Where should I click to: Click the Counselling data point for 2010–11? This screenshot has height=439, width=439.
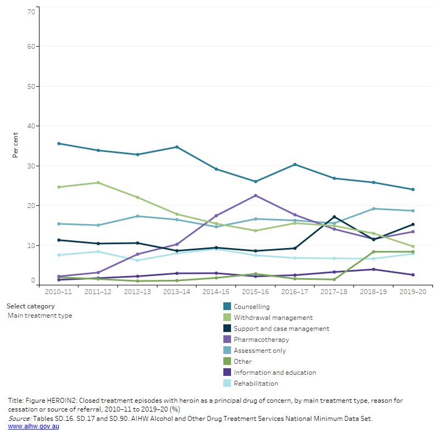pos(59,144)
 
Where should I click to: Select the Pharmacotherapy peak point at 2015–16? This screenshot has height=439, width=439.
pos(255,196)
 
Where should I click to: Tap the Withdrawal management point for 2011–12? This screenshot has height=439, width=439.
pos(98,183)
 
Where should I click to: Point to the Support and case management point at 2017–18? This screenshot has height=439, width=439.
pos(334,217)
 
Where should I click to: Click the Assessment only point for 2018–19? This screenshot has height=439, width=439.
pos(374,209)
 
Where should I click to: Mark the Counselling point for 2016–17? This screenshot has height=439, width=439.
pos(295,165)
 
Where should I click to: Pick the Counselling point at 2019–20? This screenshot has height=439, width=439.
pos(413,190)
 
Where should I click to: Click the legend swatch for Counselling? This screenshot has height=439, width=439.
pos(227,307)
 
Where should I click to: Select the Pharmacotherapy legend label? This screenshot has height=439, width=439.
pos(261,340)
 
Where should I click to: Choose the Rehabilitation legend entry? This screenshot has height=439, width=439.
pos(256,384)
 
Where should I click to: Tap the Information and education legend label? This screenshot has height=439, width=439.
pos(274,373)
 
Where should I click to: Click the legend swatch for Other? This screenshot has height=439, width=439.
pos(227,362)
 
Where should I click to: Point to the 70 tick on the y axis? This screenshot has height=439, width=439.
pos(31,12)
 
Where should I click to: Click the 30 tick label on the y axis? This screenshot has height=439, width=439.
pos(31,166)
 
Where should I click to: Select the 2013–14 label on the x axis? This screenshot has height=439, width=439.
pos(177,292)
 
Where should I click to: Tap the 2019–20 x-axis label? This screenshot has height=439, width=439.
pos(413,292)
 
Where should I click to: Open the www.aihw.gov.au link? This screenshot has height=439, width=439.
pos(33,426)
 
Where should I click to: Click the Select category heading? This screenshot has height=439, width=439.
pos(31,306)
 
